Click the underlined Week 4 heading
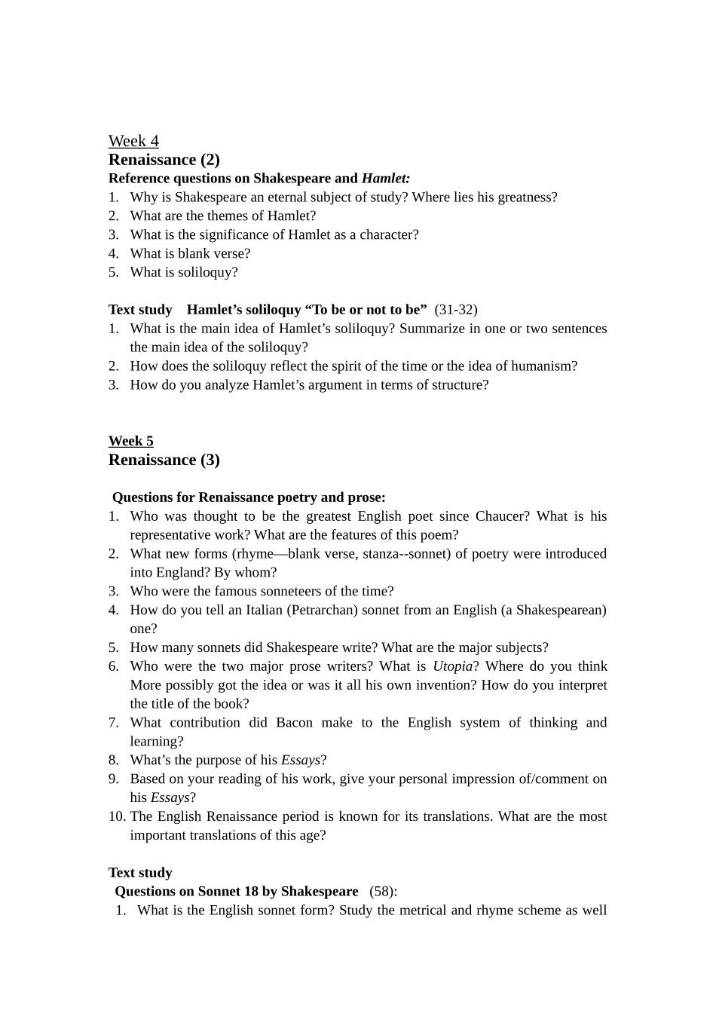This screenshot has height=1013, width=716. pos(133,141)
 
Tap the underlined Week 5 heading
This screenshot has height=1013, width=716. pos(130,441)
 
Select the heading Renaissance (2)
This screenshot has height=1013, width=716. pos(164,160)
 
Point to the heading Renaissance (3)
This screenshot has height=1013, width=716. pos(164,460)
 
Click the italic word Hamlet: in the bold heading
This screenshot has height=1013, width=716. pos(386,179)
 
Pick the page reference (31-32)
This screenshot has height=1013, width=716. pos(455,310)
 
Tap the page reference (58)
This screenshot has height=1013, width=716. pos(383,892)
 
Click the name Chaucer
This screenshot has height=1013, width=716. pos(502,516)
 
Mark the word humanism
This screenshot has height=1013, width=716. pos(543,366)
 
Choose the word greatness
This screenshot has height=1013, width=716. pos(526,197)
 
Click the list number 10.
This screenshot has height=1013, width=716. pos(117,816)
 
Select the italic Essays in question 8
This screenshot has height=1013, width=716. pos(301,761)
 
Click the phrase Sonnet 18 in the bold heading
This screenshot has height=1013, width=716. pos(228,892)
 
